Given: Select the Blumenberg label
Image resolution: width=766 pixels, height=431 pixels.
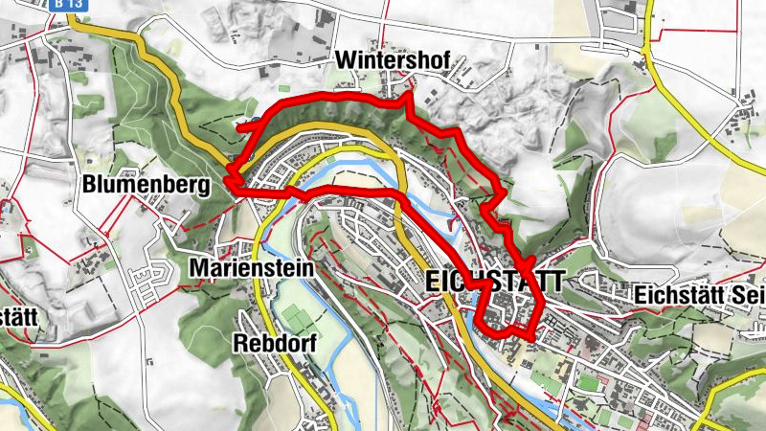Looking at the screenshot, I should coord(145,185).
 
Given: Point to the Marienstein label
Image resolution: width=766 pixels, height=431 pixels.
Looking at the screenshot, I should coord(251,269).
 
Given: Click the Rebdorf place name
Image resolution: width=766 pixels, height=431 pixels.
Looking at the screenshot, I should coord(275,343).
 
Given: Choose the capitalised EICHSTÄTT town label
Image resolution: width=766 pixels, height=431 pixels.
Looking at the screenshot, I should coord(493,284).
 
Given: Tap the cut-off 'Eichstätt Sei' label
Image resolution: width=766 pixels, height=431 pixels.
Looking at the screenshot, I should coord(699,297).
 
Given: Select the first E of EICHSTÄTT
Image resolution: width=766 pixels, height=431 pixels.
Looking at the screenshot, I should coord(429,284).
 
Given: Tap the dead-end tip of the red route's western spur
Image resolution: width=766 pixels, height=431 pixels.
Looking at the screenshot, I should coord(239,125).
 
